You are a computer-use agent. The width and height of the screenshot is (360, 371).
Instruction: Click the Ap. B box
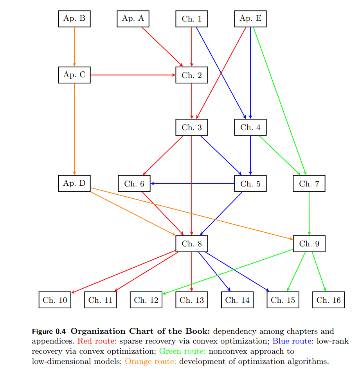(x=74, y=19)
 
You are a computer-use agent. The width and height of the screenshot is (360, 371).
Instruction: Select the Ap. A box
(x=133, y=19)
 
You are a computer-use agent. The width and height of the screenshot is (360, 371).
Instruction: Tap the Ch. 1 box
(x=192, y=19)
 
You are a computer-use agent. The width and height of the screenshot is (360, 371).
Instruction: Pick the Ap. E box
(x=250, y=19)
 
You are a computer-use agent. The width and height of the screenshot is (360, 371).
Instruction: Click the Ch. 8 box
(x=192, y=244)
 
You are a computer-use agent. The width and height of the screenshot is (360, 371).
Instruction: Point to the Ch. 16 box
(x=329, y=300)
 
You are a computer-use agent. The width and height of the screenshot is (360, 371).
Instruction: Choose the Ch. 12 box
(x=146, y=300)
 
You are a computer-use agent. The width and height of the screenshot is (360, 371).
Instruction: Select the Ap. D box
(x=74, y=183)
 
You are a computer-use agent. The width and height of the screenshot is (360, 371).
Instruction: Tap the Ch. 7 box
(x=309, y=184)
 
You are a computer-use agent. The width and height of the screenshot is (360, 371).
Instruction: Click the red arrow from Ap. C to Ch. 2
(x=133, y=75)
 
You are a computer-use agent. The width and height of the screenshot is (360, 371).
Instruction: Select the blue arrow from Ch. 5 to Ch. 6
(x=192, y=183)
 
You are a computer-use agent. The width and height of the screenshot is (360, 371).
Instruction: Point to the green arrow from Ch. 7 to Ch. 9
(x=309, y=214)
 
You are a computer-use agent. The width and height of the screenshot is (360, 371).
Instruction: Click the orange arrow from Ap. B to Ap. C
(x=74, y=47)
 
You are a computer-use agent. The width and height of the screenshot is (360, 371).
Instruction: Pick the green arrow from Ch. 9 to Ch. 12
(x=227, y=272)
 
